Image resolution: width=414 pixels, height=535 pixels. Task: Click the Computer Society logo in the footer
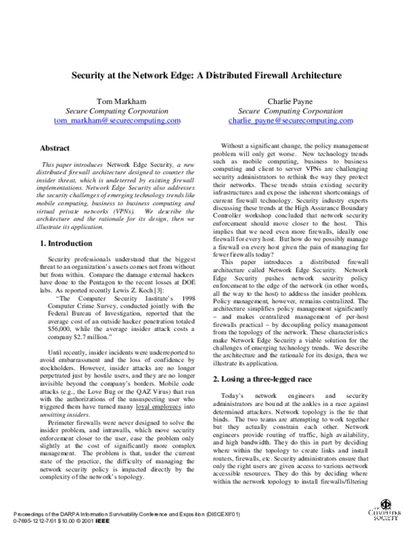388,517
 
